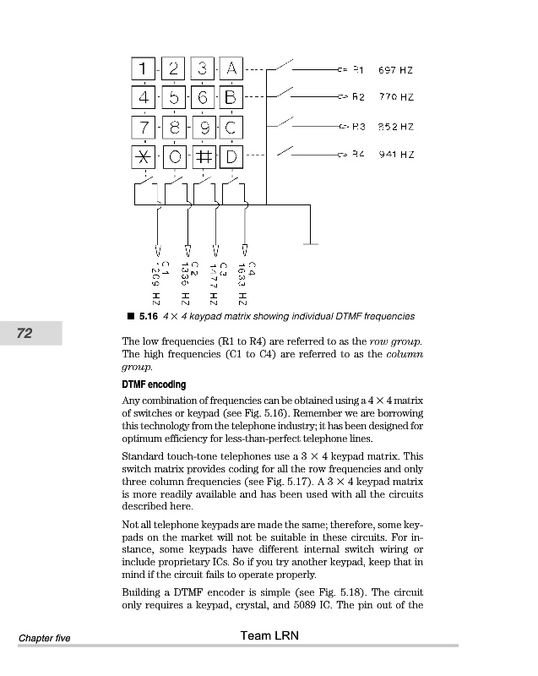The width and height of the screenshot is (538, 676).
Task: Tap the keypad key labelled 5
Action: (x=173, y=98)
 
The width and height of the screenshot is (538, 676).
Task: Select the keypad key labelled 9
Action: (x=203, y=128)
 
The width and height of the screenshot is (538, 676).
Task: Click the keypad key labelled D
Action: (x=231, y=158)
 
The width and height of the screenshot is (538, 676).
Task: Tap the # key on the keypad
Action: (x=203, y=158)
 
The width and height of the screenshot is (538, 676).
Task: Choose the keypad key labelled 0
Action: (x=173, y=158)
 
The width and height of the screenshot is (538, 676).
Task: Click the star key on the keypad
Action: (x=144, y=158)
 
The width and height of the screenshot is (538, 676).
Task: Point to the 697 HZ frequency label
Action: (x=395, y=70)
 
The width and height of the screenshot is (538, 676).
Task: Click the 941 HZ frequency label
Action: (x=395, y=155)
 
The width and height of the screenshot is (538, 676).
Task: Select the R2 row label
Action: (x=357, y=98)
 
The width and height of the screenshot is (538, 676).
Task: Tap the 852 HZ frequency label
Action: (x=395, y=127)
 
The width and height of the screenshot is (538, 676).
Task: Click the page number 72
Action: (x=24, y=333)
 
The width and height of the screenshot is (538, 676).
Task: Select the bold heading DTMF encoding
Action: (x=154, y=384)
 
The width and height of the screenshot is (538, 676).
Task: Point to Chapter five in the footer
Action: (x=45, y=638)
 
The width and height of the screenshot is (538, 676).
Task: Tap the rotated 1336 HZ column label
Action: (x=188, y=283)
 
